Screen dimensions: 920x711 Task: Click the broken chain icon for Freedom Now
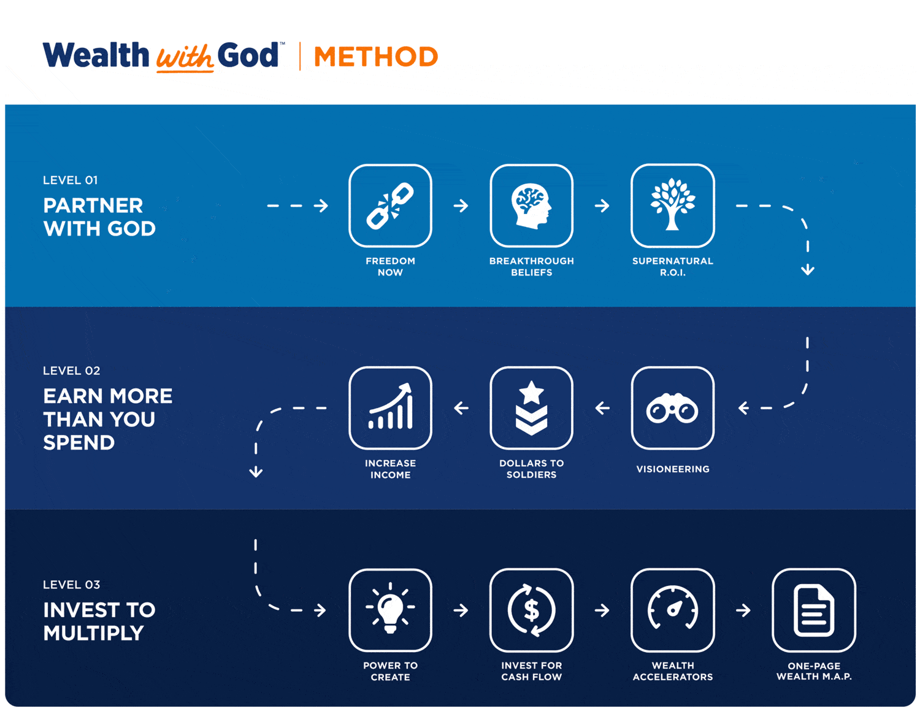[390, 206]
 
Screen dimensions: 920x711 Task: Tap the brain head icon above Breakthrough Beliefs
[531, 206]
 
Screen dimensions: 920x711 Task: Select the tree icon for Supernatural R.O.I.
[672, 204]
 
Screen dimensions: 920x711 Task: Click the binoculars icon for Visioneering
[672, 408]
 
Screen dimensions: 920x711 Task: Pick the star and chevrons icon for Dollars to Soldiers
[531, 408]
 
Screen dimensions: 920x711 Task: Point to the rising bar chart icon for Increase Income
[390, 406]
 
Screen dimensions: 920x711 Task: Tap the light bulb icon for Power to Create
[390, 608]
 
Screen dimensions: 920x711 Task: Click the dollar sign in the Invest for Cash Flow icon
[531, 610]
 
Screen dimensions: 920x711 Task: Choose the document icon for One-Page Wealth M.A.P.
[813, 610]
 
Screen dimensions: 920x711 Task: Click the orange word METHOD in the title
[376, 56]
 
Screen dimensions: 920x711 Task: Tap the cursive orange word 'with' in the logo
[185, 58]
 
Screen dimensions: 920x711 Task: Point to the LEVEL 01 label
[71, 180]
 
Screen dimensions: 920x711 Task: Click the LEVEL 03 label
[72, 585]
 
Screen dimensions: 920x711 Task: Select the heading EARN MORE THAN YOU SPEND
[107, 419]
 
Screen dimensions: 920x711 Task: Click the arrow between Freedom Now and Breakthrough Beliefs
[461, 206]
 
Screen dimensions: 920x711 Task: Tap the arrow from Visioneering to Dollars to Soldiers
[602, 408]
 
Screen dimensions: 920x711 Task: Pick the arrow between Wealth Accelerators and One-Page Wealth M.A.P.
[743, 610]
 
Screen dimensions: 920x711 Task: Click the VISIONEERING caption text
[672, 469]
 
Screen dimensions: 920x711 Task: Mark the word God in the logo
[248, 55]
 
